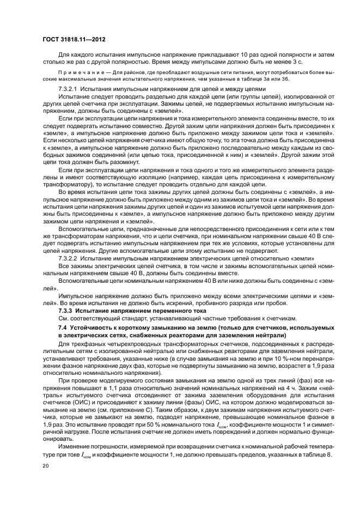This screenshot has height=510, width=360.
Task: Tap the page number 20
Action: coord(45,467)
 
